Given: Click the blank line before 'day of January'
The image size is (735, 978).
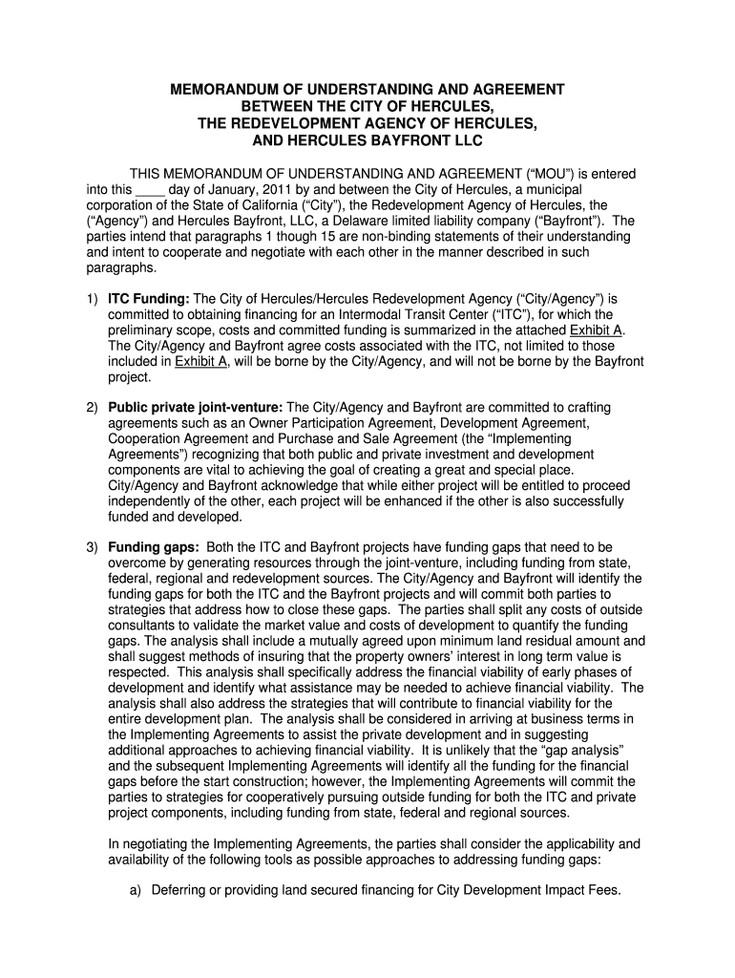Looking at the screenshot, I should [x=151, y=189].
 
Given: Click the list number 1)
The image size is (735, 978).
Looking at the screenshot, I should [x=92, y=299].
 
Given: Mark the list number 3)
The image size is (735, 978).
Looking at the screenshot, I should [x=92, y=547].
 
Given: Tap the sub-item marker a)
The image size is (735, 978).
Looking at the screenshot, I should [x=135, y=889].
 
